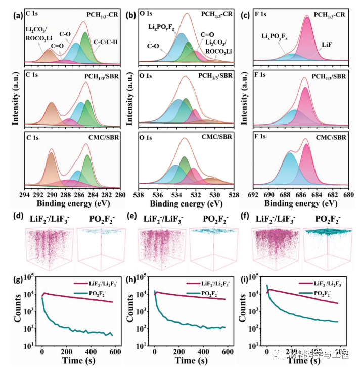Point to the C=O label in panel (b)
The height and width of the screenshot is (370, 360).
208,35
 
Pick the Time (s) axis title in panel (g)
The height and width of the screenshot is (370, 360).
80,361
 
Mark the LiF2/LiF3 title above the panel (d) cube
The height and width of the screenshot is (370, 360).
49,219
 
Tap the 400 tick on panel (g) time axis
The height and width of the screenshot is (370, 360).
91,352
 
